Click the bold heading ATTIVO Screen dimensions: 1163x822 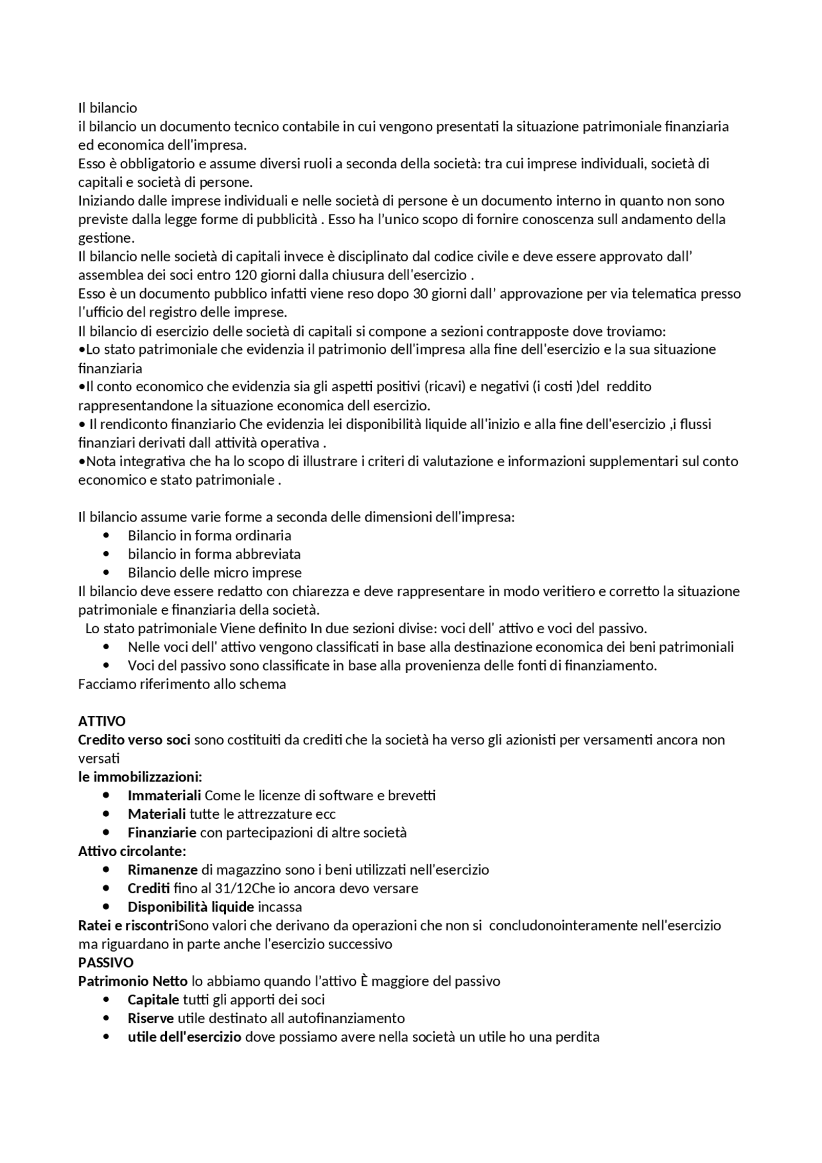click(x=101, y=721)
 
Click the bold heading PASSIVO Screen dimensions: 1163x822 click(x=106, y=963)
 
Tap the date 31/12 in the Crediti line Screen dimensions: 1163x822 click(x=231, y=889)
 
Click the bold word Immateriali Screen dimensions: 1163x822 click(x=164, y=796)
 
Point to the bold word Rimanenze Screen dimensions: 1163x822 click(x=162, y=870)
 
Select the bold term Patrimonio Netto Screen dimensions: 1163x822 click(x=133, y=981)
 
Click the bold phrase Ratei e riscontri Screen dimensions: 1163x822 click(x=128, y=925)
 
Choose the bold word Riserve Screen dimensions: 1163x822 click(x=151, y=1019)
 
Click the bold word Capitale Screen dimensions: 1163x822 click(x=153, y=1000)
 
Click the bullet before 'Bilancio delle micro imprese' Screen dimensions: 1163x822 click(x=106, y=573)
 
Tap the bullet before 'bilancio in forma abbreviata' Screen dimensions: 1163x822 click(x=106, y=554)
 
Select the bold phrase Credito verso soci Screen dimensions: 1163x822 click(x=134, y=740)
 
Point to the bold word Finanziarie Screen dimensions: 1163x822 click(x=162, y=833)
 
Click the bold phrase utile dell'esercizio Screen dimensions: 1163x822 click(x=184, y=1037)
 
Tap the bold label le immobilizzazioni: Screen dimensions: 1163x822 click(x=140, y=777)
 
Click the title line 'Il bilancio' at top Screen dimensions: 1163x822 click(x=107, y=108)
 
